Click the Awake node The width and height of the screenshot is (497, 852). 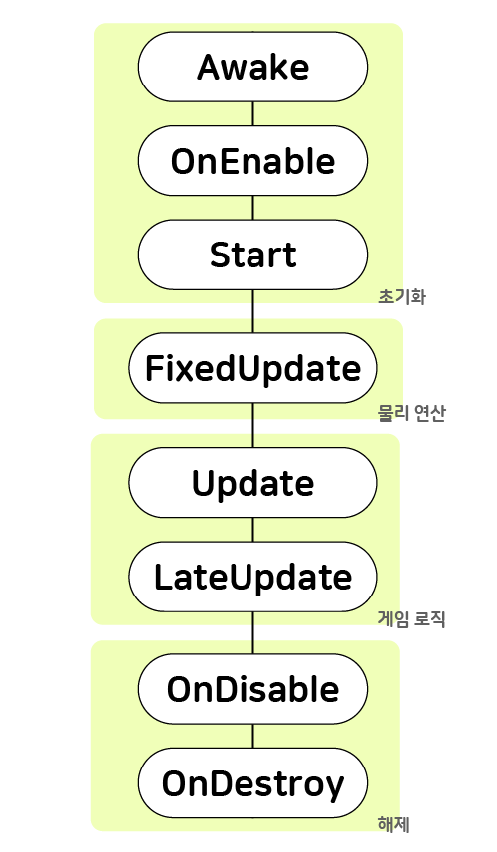[x=252, y=67]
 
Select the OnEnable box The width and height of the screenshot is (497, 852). [x=252, y=161]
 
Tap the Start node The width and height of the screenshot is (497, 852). [x=252, y=255]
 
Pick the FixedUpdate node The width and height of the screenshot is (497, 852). [x=252, y=368]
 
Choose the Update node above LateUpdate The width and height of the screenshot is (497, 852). [x=252, y=483]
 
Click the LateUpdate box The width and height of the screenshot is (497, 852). [x=252, y=577]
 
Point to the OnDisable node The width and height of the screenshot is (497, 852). [x=252, y=689]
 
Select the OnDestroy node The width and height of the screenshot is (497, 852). [x=252, y=783]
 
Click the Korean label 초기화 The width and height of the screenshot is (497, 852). [x=402, y=297]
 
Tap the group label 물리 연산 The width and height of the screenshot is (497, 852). [x=412, y=413]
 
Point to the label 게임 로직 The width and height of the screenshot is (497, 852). [x=412, y=619]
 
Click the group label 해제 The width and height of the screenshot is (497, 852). [x=394, y=824]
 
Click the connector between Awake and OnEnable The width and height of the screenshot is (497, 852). [x=252, y=114]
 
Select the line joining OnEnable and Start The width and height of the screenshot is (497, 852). [x=252, y=208]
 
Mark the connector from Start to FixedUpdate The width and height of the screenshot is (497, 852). [x=252, y=311]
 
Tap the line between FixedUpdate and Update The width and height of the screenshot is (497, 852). [x=252, y=426]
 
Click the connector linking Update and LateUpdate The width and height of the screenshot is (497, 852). [x=252, y=530]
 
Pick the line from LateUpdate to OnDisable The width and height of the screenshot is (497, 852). [x=252, y=633]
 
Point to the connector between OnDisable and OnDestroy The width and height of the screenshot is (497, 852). [x=252, y=737]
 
